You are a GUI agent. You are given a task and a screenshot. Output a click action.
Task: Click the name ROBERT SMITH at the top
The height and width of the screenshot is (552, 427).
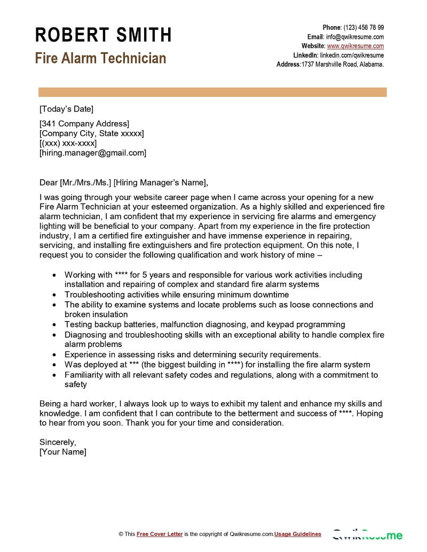click(103, 35)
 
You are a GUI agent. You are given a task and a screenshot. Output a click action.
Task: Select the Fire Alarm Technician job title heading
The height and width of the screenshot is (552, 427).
click(100, 58)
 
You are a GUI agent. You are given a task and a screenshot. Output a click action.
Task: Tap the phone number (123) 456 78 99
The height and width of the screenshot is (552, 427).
click(363, 28)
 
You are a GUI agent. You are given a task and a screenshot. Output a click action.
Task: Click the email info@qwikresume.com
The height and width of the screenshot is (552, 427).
click(355, 37)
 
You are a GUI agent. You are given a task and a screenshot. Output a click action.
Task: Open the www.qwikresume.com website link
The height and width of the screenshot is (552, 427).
click(355, 46)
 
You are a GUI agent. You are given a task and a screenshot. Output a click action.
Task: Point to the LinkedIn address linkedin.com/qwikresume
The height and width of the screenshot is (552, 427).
click(352, 55)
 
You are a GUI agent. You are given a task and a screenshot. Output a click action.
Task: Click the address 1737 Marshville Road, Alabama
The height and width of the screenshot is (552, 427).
click(343, 65)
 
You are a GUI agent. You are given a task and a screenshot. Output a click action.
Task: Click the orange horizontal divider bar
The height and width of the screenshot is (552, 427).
click(212, 92)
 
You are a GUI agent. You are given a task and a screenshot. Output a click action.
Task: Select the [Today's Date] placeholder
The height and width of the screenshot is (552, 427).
click(66, 109)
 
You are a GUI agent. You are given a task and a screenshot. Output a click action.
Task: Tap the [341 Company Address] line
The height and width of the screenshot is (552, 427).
click(84, 124)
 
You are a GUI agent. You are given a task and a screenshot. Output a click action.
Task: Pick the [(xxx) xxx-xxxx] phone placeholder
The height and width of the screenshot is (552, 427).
click(68, 143)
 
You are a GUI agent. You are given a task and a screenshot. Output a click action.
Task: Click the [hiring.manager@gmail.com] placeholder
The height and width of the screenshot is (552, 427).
click(93, 153)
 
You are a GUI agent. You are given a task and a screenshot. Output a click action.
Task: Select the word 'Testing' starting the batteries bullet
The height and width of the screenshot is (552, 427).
click(79, 324)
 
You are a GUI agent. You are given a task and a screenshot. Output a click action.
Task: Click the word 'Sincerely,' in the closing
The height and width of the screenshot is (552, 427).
click(58, 442)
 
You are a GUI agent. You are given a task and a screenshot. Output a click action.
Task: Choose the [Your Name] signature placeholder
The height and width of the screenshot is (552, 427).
click(63, 452)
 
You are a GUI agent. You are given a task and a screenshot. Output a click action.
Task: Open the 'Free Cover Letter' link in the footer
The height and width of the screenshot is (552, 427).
click(160, 534)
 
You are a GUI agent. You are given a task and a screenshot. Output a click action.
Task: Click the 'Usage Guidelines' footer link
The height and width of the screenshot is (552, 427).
click(298, 534)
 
